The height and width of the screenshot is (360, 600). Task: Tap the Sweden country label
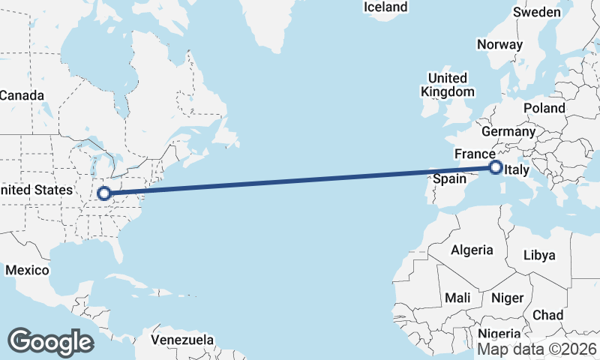537,12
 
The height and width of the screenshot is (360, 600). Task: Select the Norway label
499,44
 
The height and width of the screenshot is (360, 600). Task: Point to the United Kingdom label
448,85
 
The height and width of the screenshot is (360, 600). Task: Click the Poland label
544,108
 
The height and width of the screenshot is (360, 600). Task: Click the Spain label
451,179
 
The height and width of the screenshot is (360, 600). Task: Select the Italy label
518,172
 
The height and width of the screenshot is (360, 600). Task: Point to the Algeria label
472,250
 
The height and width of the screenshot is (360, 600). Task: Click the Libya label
540,255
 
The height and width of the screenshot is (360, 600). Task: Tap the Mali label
457,298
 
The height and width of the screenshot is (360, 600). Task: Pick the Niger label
507,298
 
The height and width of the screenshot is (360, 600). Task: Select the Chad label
548,315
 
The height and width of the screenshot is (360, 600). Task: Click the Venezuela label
182,340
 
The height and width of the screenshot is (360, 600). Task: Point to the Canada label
22,95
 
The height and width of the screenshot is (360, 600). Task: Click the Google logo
50,342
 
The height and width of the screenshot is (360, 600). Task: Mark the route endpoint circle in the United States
104,193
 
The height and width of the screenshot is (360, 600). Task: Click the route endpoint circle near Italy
496,167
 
